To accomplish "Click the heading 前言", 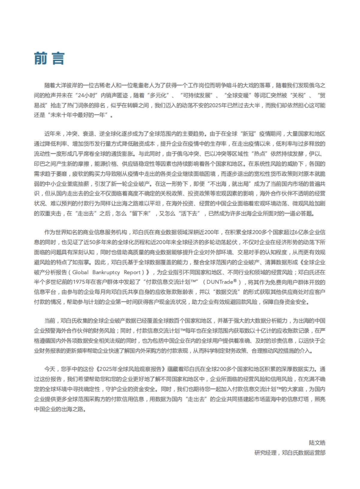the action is tap(49, 58).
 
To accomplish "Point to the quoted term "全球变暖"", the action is tap(238, 96).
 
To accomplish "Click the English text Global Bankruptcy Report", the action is tap(106, 272).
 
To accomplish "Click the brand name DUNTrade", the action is tap(220, 282).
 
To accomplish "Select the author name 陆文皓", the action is tap(317, 443).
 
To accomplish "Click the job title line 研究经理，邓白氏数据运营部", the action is tap(289, 453).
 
